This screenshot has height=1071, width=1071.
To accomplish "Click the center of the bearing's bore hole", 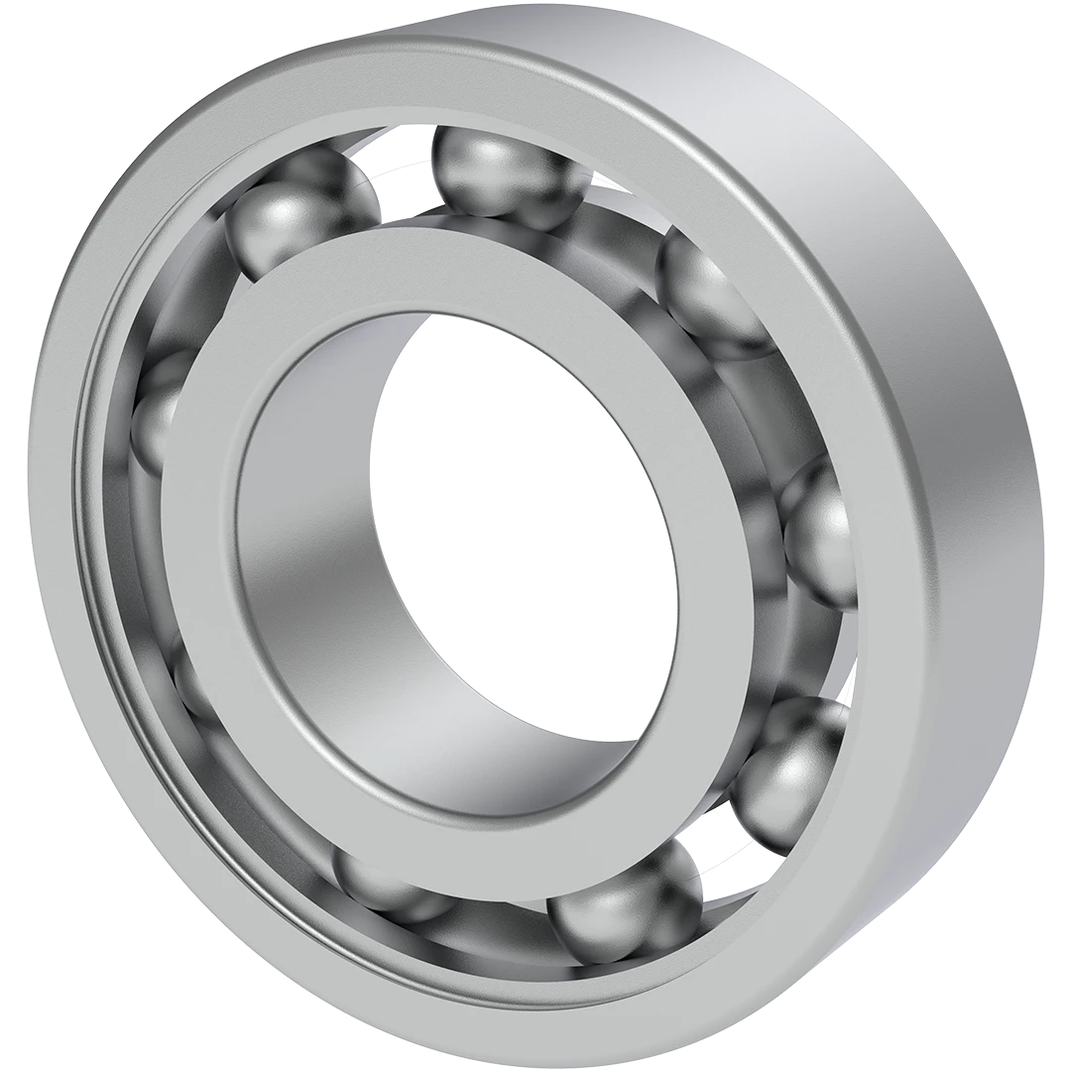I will [x=526, y=535].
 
